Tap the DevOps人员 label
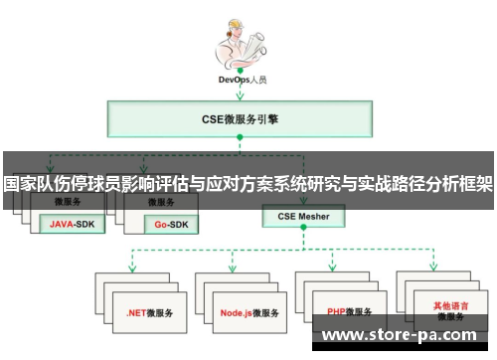242,79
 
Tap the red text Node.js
236,311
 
